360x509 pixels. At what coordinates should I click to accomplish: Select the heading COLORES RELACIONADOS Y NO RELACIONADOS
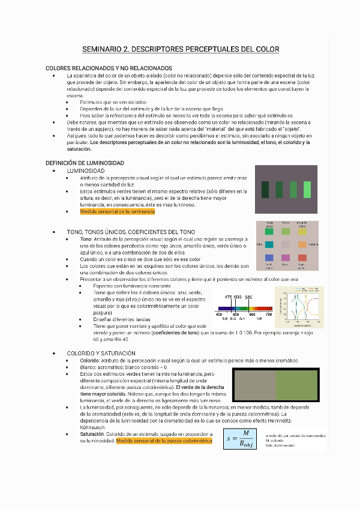(109, 68)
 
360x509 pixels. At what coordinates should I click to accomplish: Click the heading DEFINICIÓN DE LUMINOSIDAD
(85, 163)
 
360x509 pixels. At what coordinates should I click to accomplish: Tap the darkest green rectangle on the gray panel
(265, 189)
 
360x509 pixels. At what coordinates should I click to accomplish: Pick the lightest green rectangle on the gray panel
(307, 189)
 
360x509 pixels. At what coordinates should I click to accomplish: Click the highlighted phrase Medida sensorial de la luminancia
(117, 211)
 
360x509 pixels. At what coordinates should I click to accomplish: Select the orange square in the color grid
(302, 244)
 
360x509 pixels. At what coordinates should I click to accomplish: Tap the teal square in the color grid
(269, 244)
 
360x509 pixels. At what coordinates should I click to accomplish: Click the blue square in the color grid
(269, 258)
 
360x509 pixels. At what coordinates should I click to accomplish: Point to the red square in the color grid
(302, 258)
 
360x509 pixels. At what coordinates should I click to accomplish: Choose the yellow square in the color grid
(302, 231)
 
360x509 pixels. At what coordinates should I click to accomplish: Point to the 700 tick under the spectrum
(268, 314)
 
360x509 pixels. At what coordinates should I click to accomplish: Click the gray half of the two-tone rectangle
(254, 385)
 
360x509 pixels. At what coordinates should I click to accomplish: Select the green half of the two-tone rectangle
(297, 385)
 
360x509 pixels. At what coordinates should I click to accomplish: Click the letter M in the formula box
(245, 433)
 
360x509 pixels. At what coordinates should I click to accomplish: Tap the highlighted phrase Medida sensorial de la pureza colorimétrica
(164, 441)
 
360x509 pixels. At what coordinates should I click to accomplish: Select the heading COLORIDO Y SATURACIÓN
(101, 353)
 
